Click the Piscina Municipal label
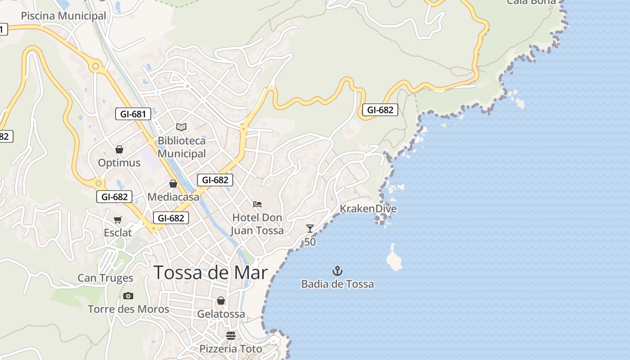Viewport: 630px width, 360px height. pos(63,16)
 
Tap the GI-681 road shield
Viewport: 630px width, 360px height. pos(133,114)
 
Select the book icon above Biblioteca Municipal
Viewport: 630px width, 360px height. pos(181,127)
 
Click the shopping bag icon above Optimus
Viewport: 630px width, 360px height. pos(119,149)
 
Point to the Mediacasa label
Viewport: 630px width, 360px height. pos(173,197)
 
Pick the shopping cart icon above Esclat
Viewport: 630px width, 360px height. pos(118,220)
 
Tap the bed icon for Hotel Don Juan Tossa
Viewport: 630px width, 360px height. pos(257,204)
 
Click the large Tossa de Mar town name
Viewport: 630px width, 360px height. pos(211,273)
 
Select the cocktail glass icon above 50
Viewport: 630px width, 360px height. pos(310,229)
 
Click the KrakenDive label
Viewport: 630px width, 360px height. pos(368,209)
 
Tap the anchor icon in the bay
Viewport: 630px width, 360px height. pos(337,271)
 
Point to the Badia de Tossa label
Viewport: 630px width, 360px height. pos(337,284)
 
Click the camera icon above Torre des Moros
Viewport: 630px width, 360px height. pos(128,296)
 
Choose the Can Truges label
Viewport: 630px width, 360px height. pos(105,278)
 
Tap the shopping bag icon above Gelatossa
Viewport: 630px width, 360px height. pos(221,301)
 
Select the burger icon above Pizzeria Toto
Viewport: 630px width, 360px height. pos(231,335)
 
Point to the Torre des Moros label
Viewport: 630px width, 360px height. pos(128,309)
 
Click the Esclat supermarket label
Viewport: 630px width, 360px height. pos(118,233)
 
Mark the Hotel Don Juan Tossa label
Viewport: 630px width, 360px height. pos(257,224)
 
